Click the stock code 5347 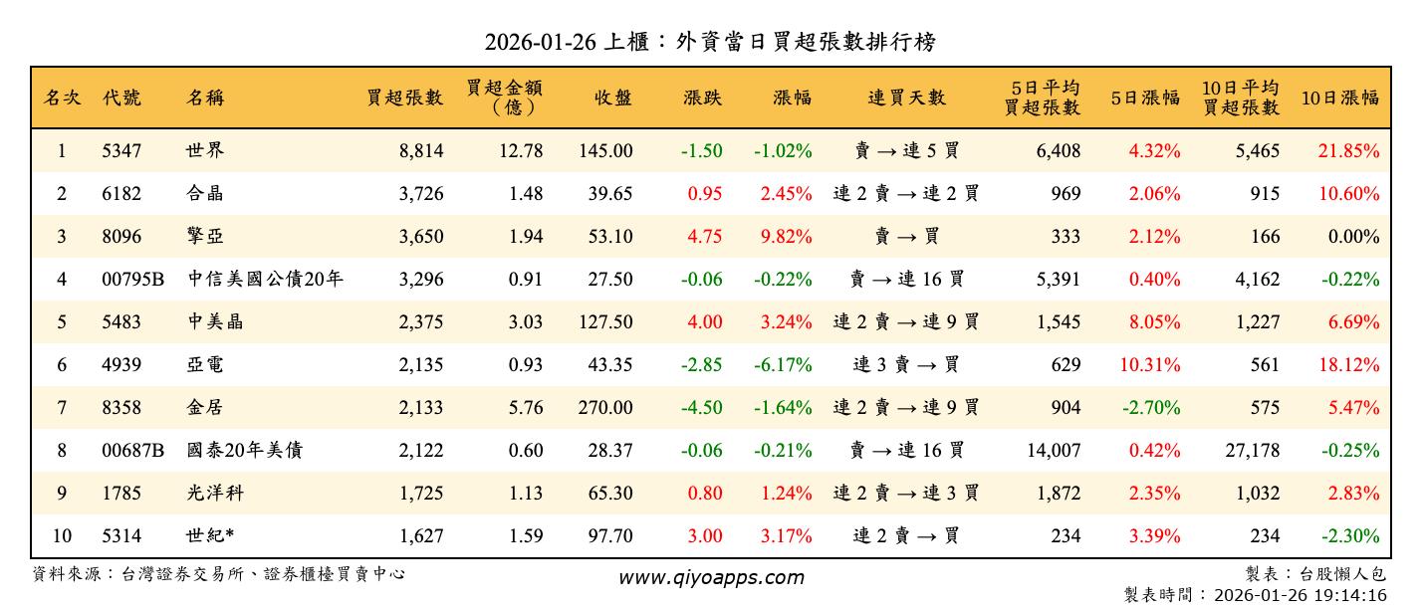coord(121,151)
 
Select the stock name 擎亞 coord(204,237)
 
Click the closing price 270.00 coord(605,408)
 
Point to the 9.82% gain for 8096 coord(786,237)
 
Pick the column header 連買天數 coord(906,98)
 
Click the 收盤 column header coord(613,98)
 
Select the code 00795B coord(132,280)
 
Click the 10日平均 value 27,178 coord(1252,451)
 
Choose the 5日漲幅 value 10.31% coord(1150,365)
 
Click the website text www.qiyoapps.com coord(711,577)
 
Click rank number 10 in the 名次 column coord(62,536)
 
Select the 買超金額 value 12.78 coord(525,151)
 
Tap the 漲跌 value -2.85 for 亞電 coord(701,365)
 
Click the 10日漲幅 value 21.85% coord(1349,151)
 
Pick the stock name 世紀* coord(210,536)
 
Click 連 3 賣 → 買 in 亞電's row coord(906,365)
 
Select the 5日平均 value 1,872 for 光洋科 coord(1058,494)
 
